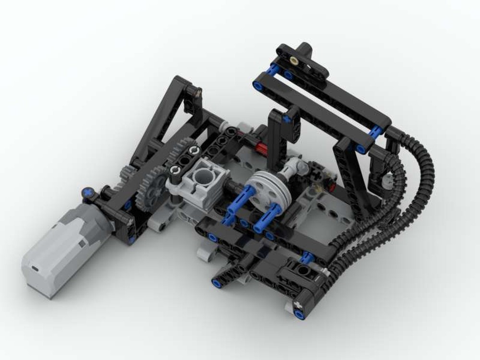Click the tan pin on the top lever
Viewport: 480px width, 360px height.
point(293,60)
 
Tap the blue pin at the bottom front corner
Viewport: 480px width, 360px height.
point(299,314)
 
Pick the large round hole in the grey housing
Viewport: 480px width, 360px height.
point(202,171)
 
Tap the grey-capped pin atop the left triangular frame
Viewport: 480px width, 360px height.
point(198,90)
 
